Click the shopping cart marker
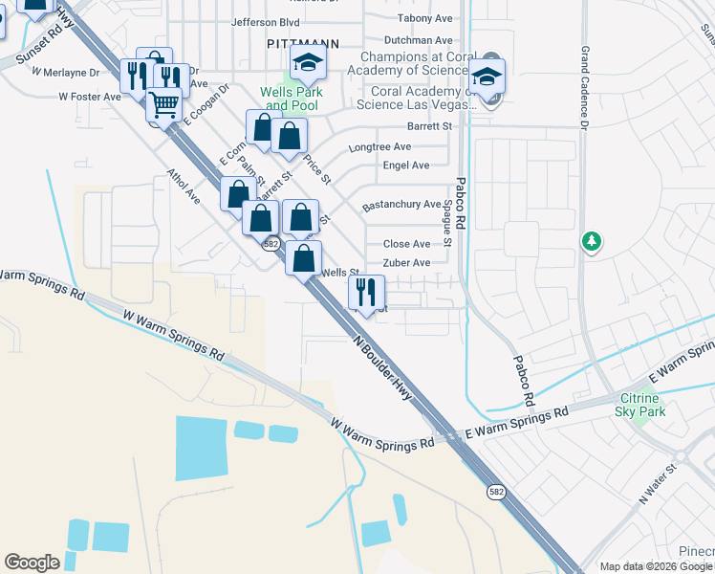164,104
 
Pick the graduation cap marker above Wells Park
309,63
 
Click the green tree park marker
592,241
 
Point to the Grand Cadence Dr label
583,86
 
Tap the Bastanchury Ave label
401,205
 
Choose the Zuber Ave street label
406,263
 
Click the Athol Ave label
184,188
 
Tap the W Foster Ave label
90,97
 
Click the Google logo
32,563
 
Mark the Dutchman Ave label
418,41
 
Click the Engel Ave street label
405,166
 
